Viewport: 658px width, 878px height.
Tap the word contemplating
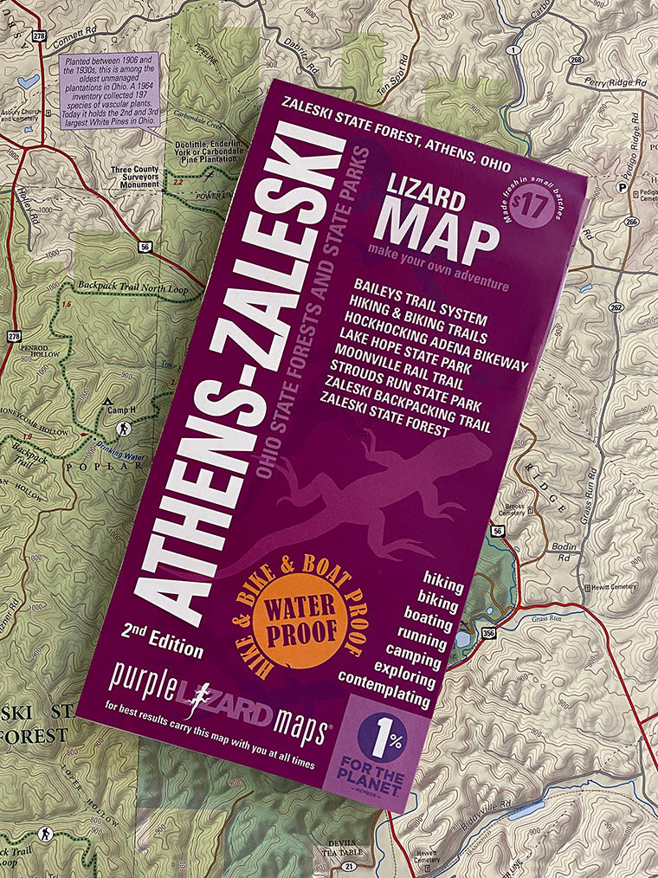(x=384, y=688)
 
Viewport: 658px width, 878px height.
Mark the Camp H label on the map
(x=120, y=410)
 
